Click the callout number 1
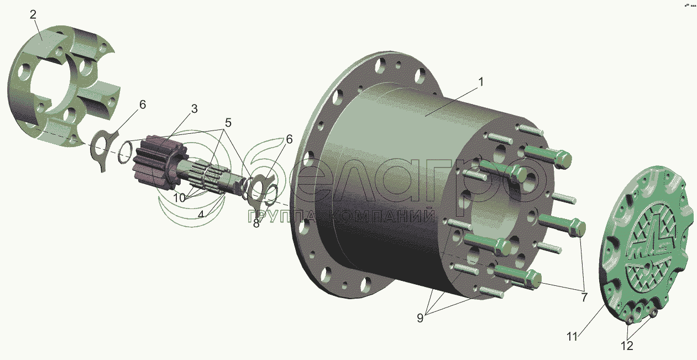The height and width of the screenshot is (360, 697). (481, 82)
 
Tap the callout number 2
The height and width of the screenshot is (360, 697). (33, 14)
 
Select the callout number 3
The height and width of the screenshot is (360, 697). (194, 109)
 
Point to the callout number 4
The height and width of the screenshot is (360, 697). (201, 215)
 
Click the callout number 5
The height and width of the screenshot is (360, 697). (228, 123)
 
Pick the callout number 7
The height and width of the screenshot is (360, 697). (584, 297)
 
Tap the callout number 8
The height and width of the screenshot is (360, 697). (256, 223)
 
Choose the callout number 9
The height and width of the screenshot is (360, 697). (420, 318)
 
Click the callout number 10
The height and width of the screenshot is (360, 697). (179, 198)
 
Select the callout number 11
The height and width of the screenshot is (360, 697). (572, 337)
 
